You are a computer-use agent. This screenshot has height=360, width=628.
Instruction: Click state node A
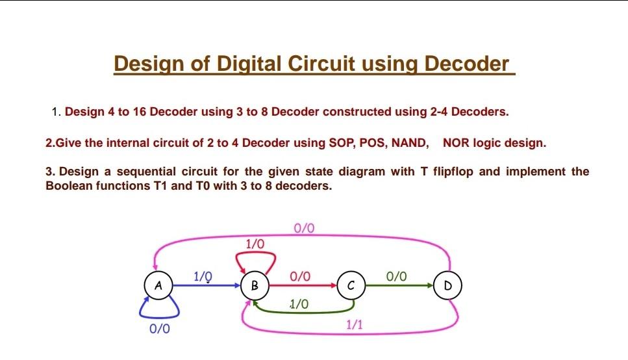pyautogui.click(x=158, y=285)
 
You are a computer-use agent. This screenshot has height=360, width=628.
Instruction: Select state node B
pyautogui.click(x=255, y=285)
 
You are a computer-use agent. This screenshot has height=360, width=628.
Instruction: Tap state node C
pyautogui.click(x=351, y=285)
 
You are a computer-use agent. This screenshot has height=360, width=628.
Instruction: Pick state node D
pyautogui.click(x=447, y=285)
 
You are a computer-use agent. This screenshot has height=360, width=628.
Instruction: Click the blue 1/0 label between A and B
pyautogui.click(x=203, y=276)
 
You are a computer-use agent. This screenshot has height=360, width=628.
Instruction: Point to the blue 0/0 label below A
pyautogui.click(x=159, y=329)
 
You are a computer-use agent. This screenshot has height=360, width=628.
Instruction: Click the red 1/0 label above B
pyautogui.click(x=255, y=244)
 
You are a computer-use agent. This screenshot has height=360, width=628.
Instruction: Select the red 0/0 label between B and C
pyautogui.click(x=300, y=276)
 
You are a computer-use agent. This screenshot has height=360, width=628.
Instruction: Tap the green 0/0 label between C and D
pyautogui.click(x=397, y=276)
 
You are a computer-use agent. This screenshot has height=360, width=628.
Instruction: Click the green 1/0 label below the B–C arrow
pyautogui.click(x=299, y=304)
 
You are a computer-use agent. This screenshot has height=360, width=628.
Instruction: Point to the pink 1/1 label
pyautogui.click(x=355, y=324)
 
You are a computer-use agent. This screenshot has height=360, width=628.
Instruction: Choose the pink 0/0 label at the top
pyautogui.click(x=304, y=228)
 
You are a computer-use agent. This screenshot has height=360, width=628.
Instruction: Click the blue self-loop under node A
pyautogui.click(x=159, y=317)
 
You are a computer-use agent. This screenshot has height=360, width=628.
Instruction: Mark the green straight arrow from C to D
pyautogui.click(x=399, y=285)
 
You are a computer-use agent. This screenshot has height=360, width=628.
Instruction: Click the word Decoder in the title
pyautogui.click(x=466, y=64)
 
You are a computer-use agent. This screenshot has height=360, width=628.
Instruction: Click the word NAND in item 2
pyautogui.click(x=410, y=143)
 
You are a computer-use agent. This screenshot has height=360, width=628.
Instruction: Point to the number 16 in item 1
pyautogui.click(x=140, y=112)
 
